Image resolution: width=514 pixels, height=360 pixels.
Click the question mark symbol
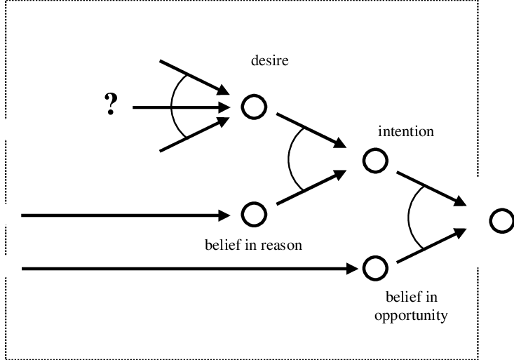click(x=110, y=106)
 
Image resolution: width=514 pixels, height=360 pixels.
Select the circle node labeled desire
click(x=254, y=107)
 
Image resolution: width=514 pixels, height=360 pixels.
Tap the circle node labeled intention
click(x=375, y=160)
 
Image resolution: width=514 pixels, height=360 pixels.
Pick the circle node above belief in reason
click(x=254, y=213)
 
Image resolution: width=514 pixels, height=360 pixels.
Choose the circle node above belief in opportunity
click(x=375, y=267)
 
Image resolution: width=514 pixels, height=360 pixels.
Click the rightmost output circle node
click(x=501, y=220)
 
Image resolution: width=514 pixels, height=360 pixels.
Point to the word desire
click(x=270, y=61)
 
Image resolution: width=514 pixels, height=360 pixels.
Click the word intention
click(x=406, y=131)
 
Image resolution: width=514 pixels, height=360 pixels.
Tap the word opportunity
click(x=410, y=316)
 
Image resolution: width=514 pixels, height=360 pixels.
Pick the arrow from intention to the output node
click(x=432, y=186)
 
